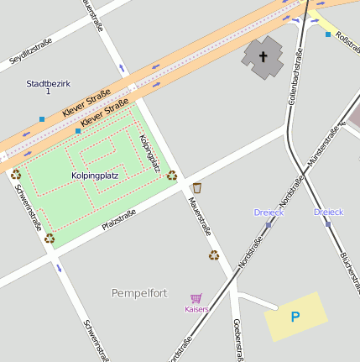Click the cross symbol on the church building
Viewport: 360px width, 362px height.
tap(263, 57)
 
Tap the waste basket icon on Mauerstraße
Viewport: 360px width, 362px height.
tap(197, 186)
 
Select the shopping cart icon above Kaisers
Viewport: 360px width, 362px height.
tap(196, 298)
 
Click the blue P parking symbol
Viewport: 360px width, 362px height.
tap(295, 317)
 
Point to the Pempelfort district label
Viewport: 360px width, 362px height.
tap(139, 293)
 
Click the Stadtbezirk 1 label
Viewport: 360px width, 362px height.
tap(49, 87)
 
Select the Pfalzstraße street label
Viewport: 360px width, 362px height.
tap(118, 220)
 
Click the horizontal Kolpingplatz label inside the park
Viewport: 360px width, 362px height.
tap(95, 176)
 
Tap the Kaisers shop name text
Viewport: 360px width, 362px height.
tap(196, 309)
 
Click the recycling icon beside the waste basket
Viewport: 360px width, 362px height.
tap(172, 176)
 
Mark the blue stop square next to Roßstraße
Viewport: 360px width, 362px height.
tap(327, 34)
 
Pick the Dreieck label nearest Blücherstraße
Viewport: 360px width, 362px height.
tap(329, 212)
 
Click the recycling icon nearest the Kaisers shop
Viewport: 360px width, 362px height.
tap(214, 255)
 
